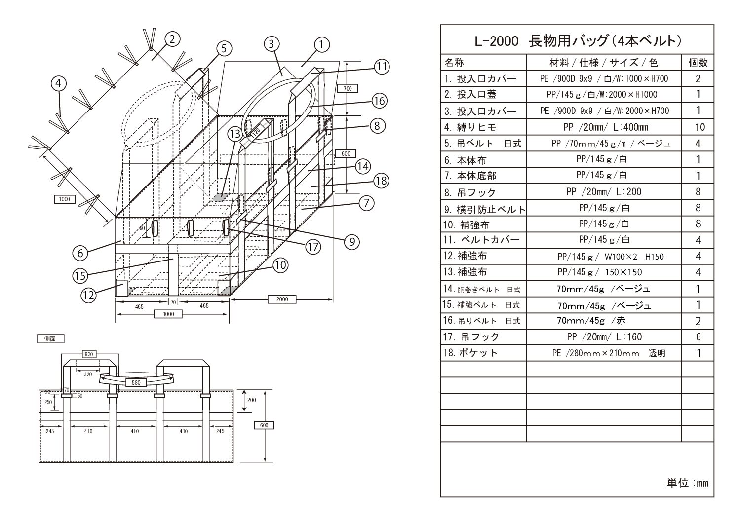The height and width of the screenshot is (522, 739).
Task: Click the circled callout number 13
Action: click(234, 133)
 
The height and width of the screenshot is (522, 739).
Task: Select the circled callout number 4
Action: click(58, 83)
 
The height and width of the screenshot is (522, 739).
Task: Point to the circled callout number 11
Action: click(381, 66)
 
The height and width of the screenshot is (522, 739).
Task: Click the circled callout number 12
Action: click(89, 295)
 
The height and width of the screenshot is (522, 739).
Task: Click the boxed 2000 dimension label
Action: click(282, 299)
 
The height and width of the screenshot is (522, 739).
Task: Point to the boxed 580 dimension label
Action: click(135, 382)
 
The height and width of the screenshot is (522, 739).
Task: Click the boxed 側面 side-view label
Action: click(50, 339)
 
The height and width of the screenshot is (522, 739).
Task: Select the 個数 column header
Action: click(698, 63)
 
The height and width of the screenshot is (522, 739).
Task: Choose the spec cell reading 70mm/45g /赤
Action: click(591, 321)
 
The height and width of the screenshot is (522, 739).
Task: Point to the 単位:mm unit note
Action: click(688, 483)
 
